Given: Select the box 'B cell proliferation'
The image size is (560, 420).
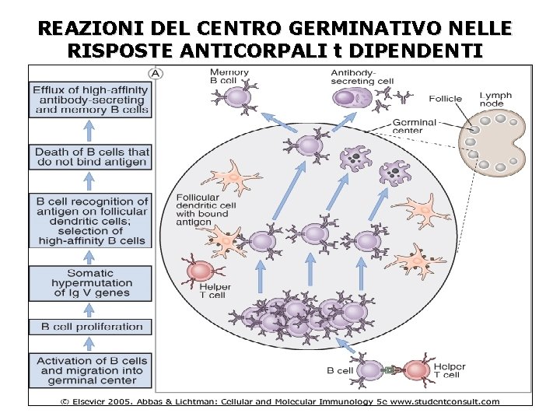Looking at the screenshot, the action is pos(91,327).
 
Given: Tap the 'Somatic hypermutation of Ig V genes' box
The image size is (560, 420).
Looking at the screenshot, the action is pos(90,283).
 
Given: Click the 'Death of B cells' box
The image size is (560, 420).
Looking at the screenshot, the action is pos(92,156).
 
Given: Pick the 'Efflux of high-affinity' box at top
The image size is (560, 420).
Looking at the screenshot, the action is pos(91,100).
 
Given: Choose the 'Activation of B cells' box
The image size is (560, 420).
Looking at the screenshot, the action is pos(91,370).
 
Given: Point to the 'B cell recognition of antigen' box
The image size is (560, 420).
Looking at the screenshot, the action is pos(91,221).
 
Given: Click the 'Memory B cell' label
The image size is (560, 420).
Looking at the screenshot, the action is pos(229,76).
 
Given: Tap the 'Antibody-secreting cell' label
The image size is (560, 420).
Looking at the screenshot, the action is pos(362,76).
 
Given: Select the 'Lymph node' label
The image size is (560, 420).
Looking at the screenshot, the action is pos(495,99).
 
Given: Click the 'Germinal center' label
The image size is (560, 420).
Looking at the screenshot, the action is pos(415,127).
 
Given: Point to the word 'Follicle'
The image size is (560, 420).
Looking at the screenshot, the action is pos(445,99).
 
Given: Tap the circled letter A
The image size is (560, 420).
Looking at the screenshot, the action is pos(156,73).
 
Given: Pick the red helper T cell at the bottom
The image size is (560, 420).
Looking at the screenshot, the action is pos(417,371).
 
